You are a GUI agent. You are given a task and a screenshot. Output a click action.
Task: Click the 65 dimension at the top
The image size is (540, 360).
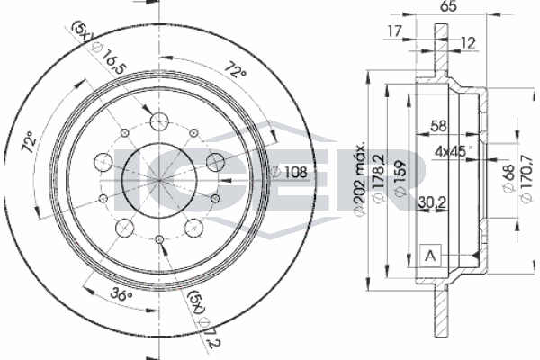[x=448, y=6]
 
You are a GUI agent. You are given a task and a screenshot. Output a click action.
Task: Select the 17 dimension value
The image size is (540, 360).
[x=395, y=31]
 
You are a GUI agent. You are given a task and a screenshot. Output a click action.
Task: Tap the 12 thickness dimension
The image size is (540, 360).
[x=468, y=42]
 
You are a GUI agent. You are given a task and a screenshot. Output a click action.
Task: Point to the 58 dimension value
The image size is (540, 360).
[x=438, y=126]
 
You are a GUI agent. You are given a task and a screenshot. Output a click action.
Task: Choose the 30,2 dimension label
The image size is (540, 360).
[x=433, y=202]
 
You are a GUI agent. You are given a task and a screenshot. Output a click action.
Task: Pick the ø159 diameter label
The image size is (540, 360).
[x=400, y=179]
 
